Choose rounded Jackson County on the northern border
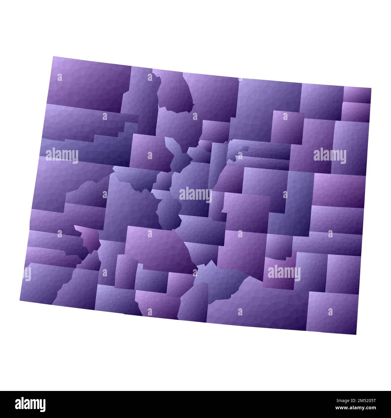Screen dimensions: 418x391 click(x=174, y=92)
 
